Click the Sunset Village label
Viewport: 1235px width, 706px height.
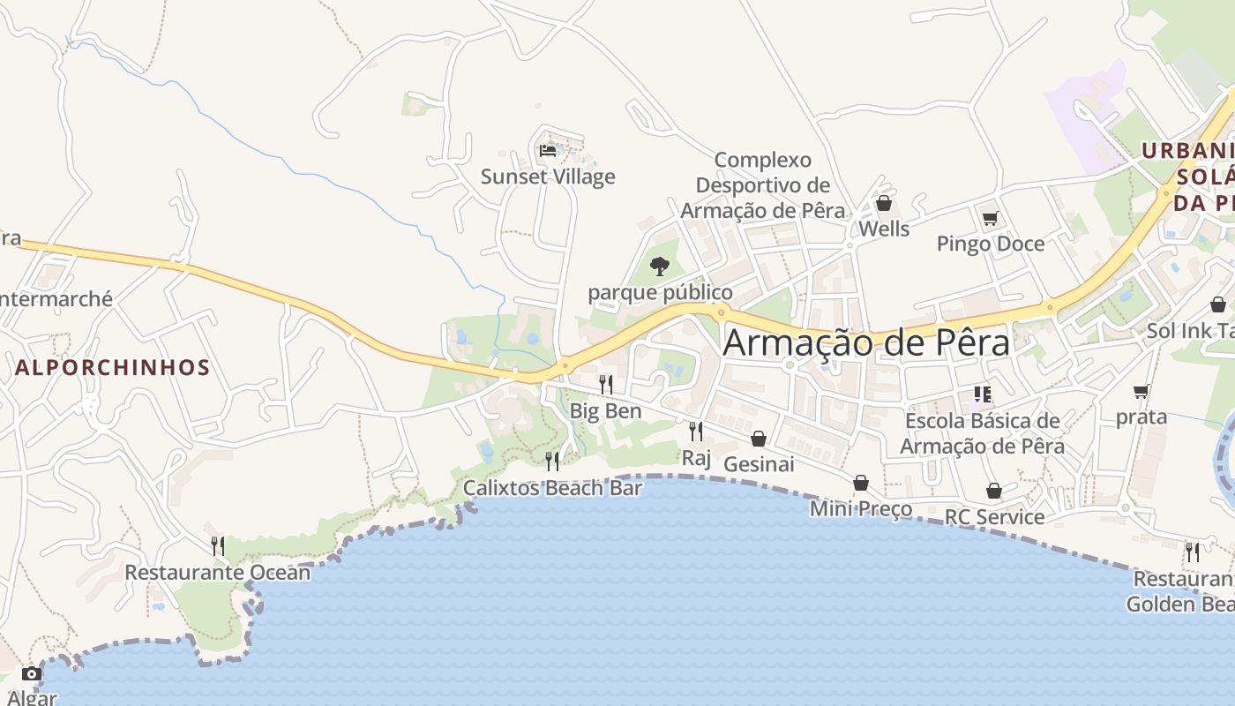click(x=548, y=176)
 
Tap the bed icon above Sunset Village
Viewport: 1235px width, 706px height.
click(x=548, y=150)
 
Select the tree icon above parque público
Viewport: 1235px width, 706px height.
click(x=659, y=266)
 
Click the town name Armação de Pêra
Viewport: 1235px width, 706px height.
click(x=865, y=342)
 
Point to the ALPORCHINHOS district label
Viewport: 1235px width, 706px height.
click(x=113, y=368)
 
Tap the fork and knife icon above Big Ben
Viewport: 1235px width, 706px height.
click(x=606, y=384)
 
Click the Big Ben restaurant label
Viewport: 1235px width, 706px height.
click(x=605, y=411)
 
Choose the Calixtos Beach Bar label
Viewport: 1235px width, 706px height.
click(x=552, y=488)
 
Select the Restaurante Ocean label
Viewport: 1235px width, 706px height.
click(x=218, y=573)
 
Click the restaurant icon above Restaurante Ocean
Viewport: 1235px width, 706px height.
click(x=218, y=546)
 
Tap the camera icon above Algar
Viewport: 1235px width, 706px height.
click(x=32, y=674)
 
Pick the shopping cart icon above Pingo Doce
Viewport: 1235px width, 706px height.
click(x=990, y=218)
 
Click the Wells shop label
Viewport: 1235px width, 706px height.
click(x=884, y=229)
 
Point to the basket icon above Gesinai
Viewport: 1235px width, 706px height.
click(x=759, y=439)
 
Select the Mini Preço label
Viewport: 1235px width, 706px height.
click(x=861, y=509)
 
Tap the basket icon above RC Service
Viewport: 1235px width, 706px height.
click(x=994, y=491)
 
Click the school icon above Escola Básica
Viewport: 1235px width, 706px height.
click(x=983, y=394)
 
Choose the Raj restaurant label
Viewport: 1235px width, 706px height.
click(x=696, y=458)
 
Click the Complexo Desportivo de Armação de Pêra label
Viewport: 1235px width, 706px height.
click(x=763, y=185)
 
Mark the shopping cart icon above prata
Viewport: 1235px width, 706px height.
click(x=1141, y=391)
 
